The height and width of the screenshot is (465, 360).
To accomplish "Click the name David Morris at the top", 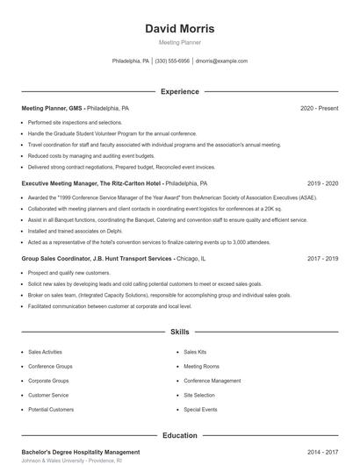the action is click(x=179, y=29).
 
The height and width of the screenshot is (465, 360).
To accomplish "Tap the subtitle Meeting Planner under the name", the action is click(x=179, y=42).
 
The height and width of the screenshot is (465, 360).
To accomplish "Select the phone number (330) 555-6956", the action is click(x=173, y=61).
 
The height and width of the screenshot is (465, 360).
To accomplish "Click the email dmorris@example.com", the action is click(x=221, y=61).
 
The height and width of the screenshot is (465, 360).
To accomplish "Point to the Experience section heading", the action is click(x=179, y=91).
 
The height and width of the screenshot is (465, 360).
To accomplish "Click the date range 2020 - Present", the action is click(x=319, y=109).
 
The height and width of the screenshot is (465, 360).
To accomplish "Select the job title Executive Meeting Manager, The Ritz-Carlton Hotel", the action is click(x=91, y=184).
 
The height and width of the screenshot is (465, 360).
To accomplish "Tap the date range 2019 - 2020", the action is click(x=322, y=184).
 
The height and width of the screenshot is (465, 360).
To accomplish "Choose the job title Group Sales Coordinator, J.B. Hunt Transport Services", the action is click(x=97, y=260).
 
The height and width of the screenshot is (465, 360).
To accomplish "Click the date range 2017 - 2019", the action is click(x=322, y=260).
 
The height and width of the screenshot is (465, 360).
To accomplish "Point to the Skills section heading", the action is click(x=179, y=333).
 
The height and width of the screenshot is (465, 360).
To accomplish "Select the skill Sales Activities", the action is click(x=45, y=352).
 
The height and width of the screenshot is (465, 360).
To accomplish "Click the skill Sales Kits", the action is click(x=195, y=352).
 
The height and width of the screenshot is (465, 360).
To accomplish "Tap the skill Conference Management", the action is click(x=212, y=381).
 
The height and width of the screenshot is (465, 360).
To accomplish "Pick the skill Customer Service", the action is click(x=48, y=395).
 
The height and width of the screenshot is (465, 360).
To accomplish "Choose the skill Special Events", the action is click(x=200, y=410).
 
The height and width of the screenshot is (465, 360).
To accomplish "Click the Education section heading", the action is click(x=179, y=435).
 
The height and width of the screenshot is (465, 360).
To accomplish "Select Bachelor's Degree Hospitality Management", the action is click(x=80, y=452).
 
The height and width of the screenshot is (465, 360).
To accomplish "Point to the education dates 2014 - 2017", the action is click(x=322, y=452).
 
